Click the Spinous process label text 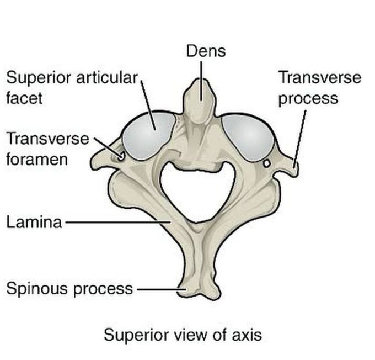pos(69,288)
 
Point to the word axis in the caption pos(246,335)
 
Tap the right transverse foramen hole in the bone pos(267,163)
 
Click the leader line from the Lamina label pos(116,223)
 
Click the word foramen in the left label pos(37,160)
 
